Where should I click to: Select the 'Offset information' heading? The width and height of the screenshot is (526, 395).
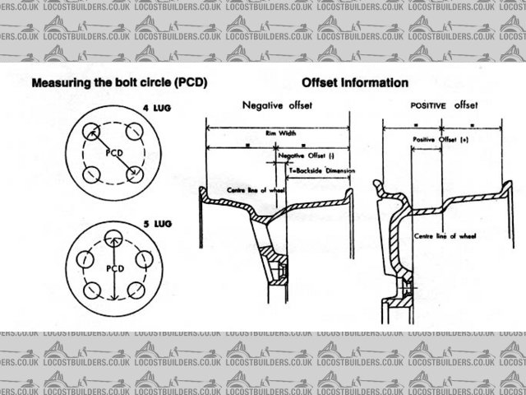[355, 83]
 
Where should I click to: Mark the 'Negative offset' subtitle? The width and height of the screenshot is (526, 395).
[274, 105]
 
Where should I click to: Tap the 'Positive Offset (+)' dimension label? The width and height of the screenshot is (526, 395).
[441, 141]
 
